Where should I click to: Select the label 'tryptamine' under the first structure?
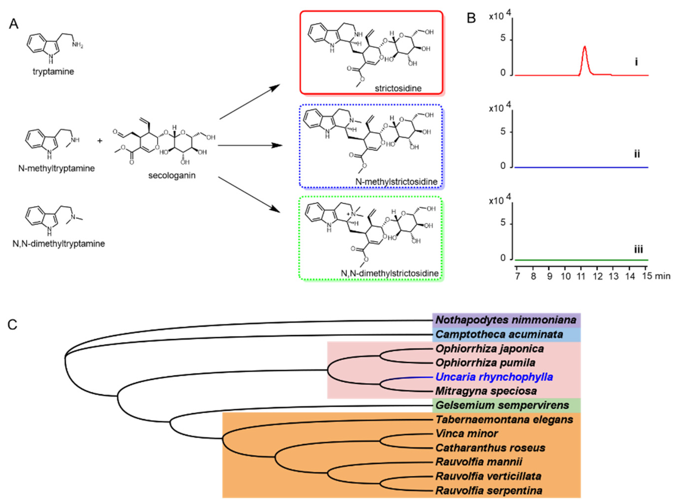point(53,72)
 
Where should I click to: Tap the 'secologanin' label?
point(172,176)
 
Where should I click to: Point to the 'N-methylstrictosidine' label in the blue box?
point(396,182)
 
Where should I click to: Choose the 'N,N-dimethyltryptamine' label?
point(59,244)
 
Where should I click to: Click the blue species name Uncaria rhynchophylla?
point(494,377)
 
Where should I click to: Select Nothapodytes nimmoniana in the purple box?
point(506,320)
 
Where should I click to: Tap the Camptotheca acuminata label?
point(499,334)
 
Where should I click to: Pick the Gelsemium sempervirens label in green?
point(502,405)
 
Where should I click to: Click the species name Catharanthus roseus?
point(490,448)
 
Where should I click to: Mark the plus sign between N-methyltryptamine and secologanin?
point(100,141)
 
